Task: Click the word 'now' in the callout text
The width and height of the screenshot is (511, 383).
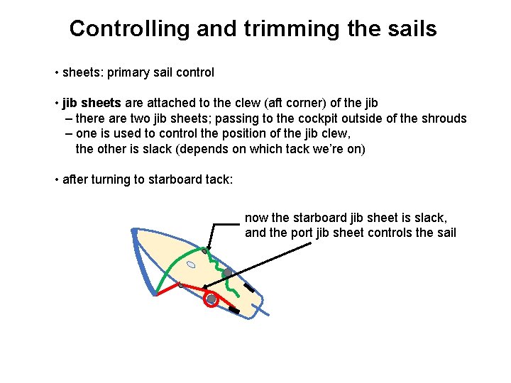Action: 256,218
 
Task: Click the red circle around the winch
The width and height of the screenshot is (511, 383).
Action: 211,299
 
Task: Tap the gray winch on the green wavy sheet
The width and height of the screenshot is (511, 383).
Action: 227,273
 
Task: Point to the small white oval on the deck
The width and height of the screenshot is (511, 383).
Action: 191,265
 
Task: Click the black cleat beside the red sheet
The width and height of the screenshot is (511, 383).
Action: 233,311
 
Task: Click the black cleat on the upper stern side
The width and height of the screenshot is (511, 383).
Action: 248,287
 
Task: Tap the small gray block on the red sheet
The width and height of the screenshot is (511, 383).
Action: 181,285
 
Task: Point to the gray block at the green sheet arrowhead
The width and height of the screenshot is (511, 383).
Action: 204,250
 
